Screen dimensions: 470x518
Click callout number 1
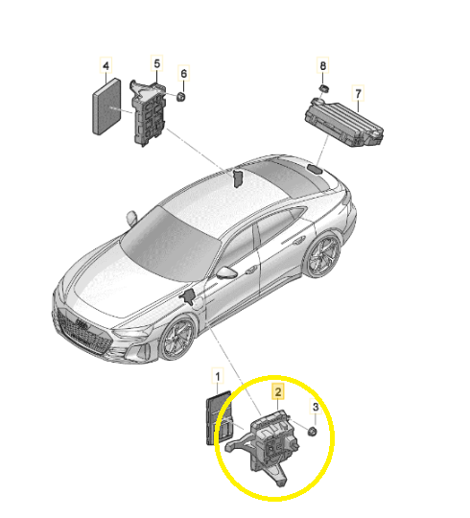[x=218, y=376]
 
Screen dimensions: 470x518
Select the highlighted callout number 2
[x=278, y=391]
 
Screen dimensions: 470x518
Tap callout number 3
[x=316, y=407]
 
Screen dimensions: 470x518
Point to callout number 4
[x=106, y=65]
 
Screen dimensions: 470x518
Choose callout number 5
[x=157, y=63]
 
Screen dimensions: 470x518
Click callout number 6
[x=183, y=73]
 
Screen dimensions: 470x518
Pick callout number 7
[x=358, y=94]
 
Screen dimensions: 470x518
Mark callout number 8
[x=322, y=65]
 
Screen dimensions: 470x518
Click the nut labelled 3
[x=312, y=431]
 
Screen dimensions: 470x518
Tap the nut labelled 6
[x=180, y=97]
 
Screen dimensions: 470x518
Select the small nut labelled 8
[x=323, y=88]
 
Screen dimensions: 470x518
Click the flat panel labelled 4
[x=106, y=106]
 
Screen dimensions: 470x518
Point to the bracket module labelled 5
[x=148, y=112]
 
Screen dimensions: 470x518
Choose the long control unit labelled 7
[x=343, y=123]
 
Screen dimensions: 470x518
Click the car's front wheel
[x=177, y=339]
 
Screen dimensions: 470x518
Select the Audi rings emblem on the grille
[x=82, y=323]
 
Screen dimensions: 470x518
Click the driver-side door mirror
[x=226, y=271]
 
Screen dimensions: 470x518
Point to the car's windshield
[x=169, y=244]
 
